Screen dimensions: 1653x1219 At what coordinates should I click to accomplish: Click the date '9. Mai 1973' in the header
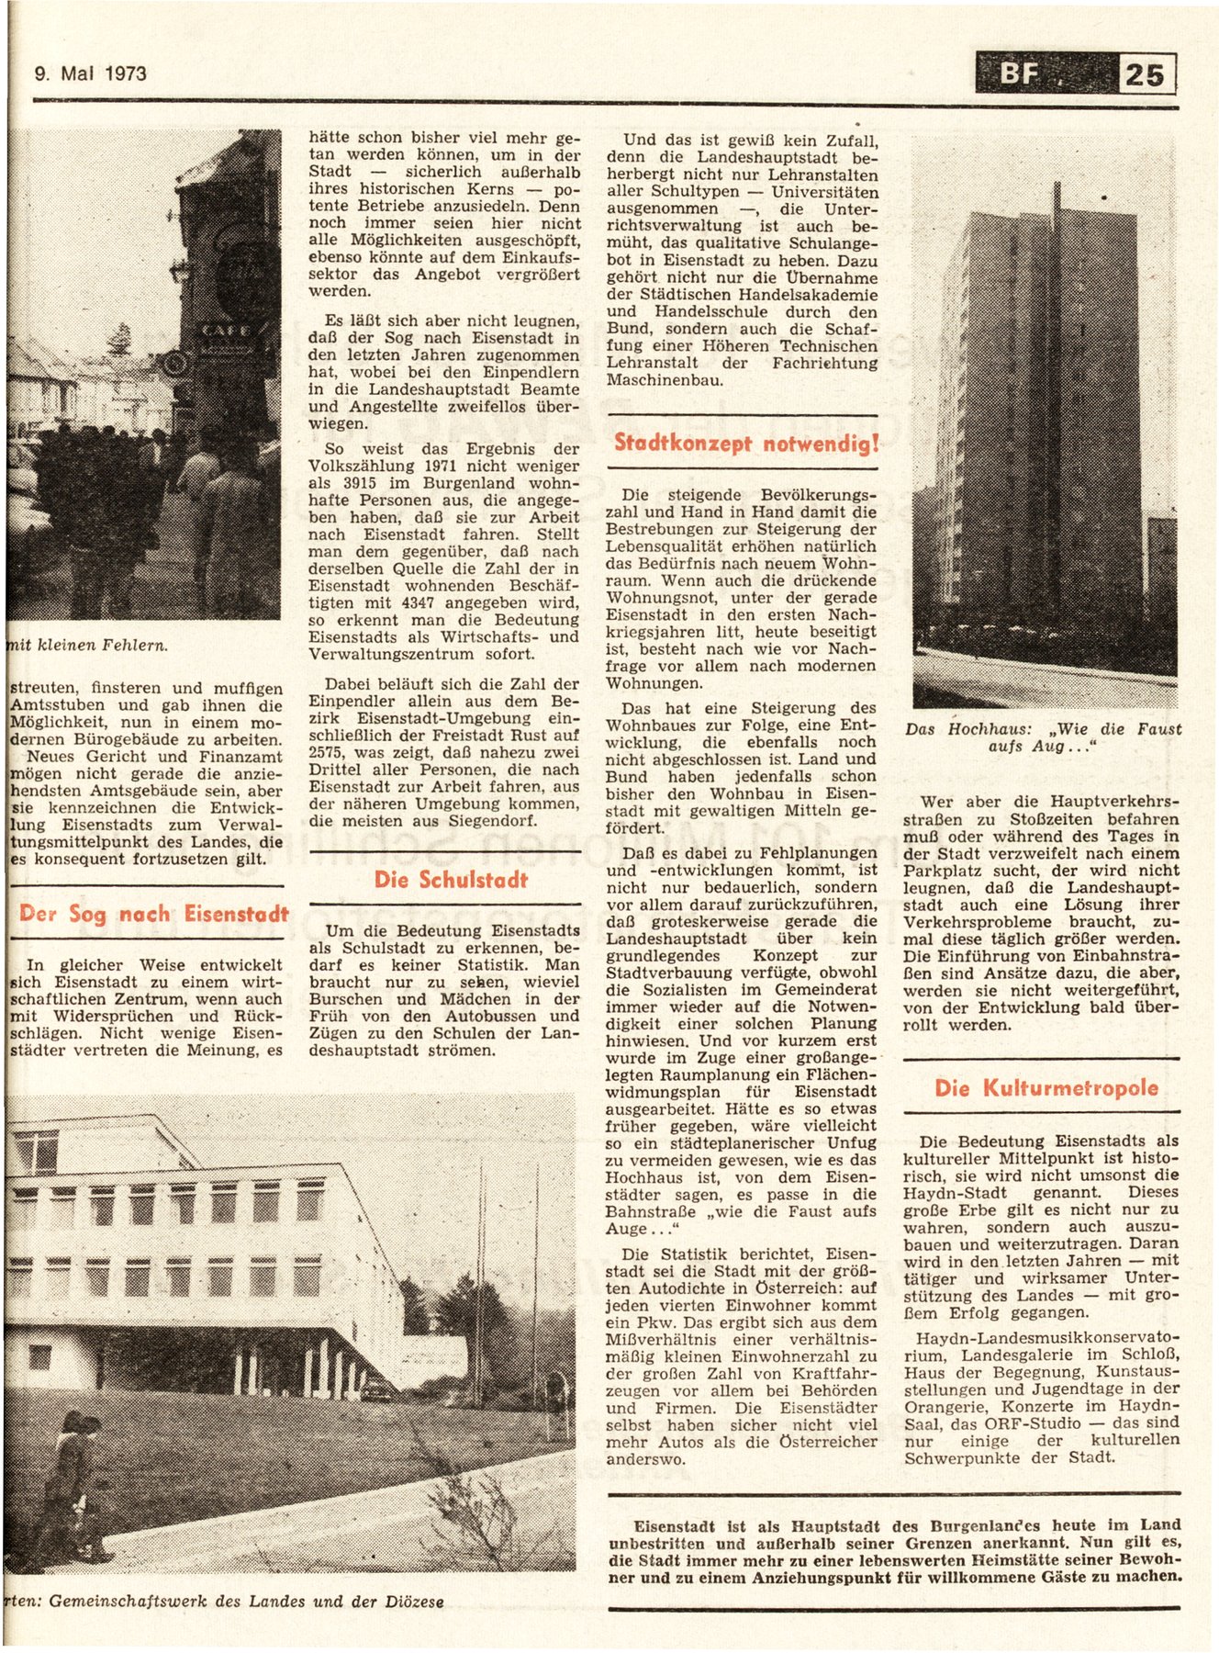click(90, 73)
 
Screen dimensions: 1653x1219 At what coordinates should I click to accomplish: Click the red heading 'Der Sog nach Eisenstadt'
click(153, 914)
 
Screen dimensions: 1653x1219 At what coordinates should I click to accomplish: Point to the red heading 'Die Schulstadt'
click(451, 880)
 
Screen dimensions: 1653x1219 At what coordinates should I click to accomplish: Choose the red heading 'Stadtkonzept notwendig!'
click(746, 444)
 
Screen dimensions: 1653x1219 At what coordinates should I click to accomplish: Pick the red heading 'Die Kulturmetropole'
click(1046, 1088)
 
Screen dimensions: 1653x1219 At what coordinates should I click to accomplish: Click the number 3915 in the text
click(364, 483)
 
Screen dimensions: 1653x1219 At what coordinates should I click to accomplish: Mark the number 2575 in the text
click(330, 752)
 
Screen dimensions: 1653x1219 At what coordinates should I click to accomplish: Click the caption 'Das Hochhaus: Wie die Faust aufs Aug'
click(1043, 737)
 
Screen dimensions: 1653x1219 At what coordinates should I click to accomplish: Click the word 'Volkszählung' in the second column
click(362, 466)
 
